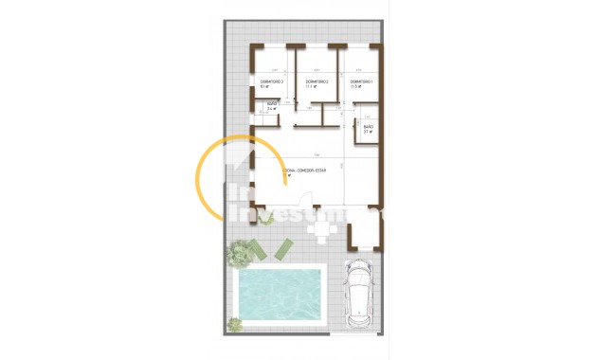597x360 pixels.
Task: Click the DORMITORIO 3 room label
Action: pos(273,82)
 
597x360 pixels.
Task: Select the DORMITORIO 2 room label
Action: pos(317,82)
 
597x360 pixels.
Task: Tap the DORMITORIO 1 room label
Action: pos(361,82)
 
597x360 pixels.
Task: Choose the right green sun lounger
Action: pos(282,249)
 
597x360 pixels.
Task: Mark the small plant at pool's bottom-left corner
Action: pos(235,324)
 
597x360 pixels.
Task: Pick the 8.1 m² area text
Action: pos(265,87)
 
